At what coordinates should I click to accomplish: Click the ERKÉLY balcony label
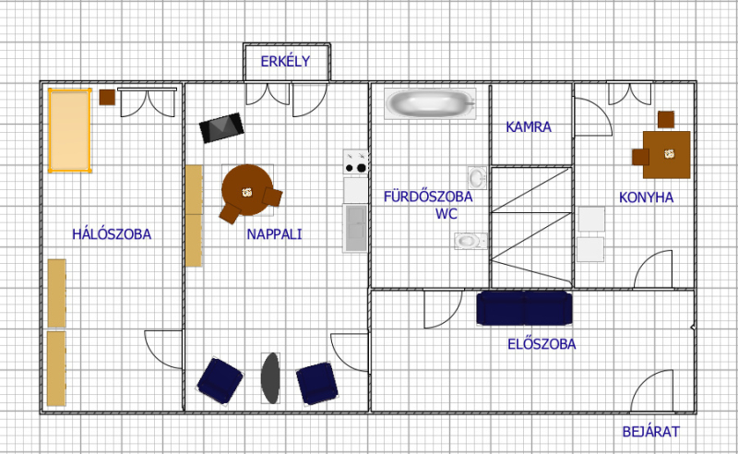point(285,61)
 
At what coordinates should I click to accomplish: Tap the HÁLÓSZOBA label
point(112,234)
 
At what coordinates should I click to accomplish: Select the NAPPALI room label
point(274,234)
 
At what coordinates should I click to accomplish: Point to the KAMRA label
point(529,126)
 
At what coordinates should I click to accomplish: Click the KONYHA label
point(647,197)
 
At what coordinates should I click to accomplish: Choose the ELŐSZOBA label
point(542,344)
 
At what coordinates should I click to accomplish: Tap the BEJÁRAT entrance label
point(651,432)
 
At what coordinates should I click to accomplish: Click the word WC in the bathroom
point(446,213)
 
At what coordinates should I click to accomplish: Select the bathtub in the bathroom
point(430,103)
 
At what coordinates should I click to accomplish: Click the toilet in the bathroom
point(470,241)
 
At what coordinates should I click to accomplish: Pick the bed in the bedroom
point(70,130)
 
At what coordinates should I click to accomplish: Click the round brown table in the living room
point(247,190)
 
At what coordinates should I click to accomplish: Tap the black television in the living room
point(221,127)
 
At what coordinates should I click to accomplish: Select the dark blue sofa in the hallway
point(524,308)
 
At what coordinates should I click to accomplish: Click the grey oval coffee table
point(270,378)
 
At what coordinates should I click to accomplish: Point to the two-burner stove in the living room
point(355,161)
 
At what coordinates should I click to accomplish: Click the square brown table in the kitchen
point(666,154)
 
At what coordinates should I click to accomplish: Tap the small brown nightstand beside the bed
point(107,97)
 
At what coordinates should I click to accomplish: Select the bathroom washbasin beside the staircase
point(477,178)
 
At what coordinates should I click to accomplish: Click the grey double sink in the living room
point(355,228)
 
